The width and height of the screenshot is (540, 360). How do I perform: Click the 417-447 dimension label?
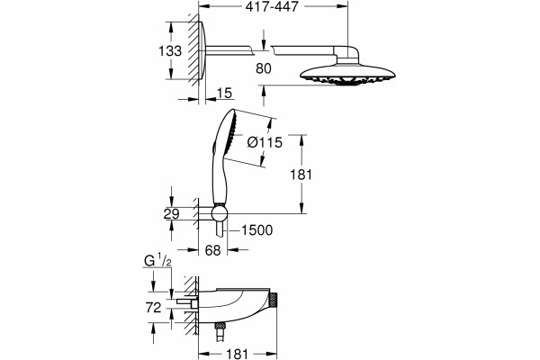click(272, 6)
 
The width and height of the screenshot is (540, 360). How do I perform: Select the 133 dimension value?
click(170, 51)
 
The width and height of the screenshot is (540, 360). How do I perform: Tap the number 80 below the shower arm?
click(264, 68)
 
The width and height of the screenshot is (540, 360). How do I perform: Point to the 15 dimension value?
click(224, 93)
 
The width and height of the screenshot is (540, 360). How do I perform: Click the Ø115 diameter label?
click(265, 142)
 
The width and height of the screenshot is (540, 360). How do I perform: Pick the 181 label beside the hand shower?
click(301, 175)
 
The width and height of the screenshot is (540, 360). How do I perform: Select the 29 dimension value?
click(172, 214)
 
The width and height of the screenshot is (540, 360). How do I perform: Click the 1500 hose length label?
click(256, 230)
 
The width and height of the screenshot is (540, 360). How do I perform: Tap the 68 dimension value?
click(212, 250)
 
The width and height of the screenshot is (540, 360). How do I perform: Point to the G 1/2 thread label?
click(157, 262)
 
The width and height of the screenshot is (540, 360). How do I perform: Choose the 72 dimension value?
click(154, 308)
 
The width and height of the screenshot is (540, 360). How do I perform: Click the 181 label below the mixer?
click(238, 354)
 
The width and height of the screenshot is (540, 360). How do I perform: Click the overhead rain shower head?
click(347, 74)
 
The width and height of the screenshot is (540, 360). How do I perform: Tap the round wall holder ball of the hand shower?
click(219, 213)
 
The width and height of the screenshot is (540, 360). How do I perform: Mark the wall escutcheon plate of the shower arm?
click(202, 50)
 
